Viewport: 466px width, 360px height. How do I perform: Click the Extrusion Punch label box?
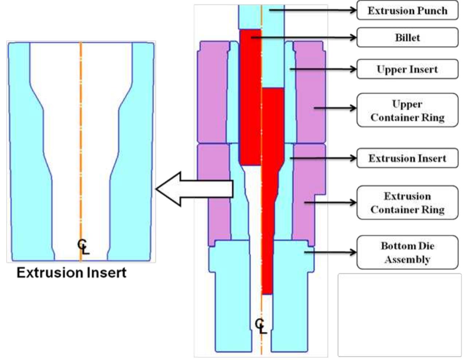(407, 11)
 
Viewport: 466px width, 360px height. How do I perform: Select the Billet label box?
(407, 37)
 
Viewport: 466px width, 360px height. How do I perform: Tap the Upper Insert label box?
(407, 69)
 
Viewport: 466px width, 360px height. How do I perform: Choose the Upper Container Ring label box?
(407, 110)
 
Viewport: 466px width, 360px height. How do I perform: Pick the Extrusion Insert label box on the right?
(407, 158)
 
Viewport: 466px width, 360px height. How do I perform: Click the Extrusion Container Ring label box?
(407, 203)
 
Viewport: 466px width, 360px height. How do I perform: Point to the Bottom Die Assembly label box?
(407, 253)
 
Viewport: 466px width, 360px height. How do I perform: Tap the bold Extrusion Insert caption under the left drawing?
(71, 273)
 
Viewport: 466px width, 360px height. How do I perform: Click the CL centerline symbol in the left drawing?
(83, 247)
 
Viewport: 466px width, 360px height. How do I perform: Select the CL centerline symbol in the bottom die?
(261, 326)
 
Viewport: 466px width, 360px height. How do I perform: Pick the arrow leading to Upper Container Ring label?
(335, 108)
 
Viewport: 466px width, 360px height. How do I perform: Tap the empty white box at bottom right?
(399, 315)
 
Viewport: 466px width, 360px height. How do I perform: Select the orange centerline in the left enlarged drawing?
(81, 146)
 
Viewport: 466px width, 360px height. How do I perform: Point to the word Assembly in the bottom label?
(407, 260)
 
